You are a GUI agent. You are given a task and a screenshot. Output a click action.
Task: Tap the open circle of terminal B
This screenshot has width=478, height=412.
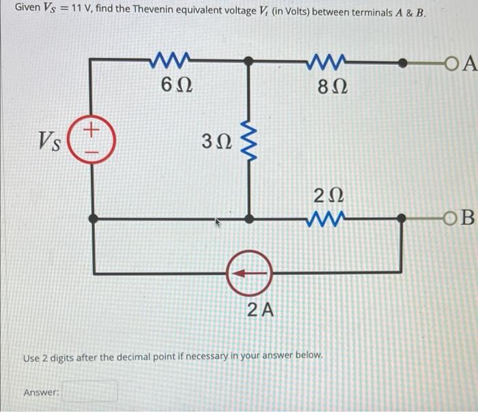[449, 218]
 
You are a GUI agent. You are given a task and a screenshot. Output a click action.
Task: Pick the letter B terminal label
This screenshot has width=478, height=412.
[466, 218]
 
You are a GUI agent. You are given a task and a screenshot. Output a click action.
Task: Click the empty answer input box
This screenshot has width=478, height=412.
[91, 392]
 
